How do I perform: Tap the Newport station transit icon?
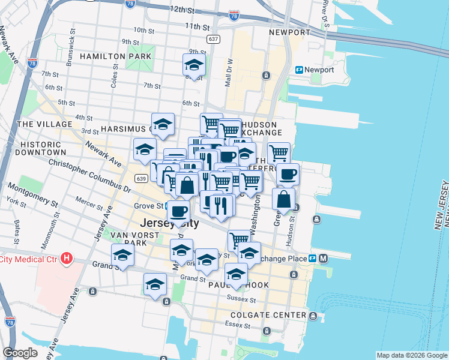point(299,70)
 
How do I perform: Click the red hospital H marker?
point(67,259)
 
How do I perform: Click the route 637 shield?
point(212,38)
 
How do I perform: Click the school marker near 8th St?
point(194,64)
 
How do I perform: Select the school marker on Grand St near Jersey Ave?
point(122,255)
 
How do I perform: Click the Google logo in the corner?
point(20,353)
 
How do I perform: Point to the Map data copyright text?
point(411,356)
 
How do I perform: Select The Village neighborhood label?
point(45,124)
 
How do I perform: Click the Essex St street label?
point(238,325)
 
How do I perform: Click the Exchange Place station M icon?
point(323,259)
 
